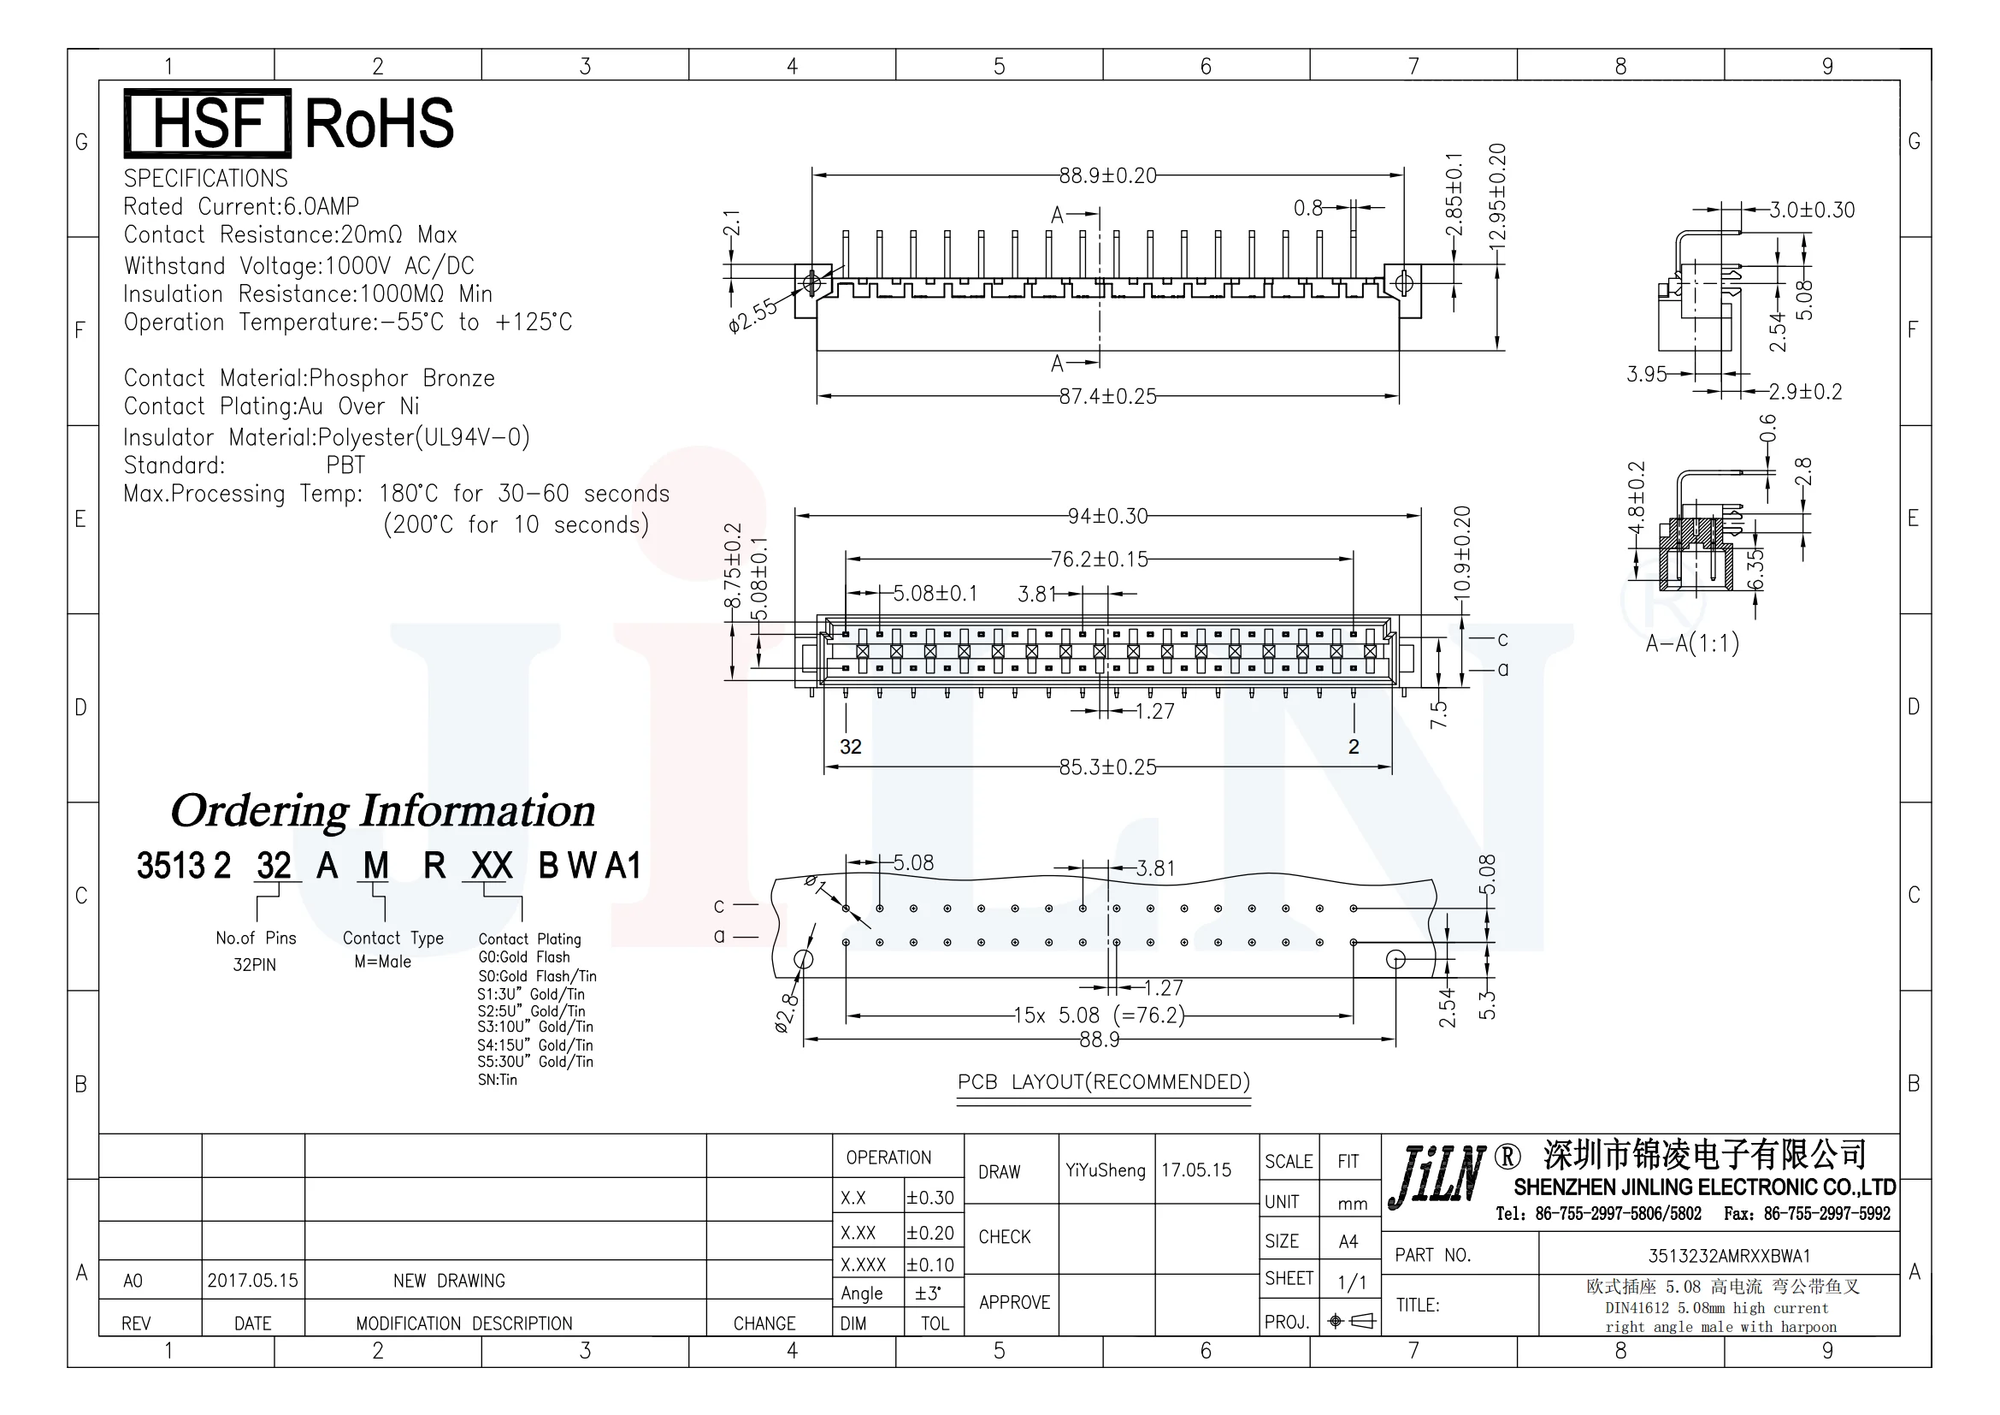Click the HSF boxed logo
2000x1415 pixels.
click(207, 123)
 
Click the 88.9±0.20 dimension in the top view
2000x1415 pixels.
click(1107, 176)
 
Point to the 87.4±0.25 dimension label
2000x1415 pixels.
click(1107, 396)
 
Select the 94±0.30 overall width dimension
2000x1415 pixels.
click(1107, 516)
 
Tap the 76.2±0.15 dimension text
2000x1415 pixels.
click(1099, 559)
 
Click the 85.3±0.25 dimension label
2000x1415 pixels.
click(1107, 767)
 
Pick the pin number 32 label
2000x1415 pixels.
click(850, 747)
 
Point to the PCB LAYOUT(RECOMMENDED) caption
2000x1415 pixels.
click(1104, 1082)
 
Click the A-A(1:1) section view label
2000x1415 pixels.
click(1691, 644)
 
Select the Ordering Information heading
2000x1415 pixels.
click(382, 811)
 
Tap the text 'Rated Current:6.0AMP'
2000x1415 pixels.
click(241, 206)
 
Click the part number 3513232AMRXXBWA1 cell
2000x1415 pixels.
click(1728, 1256)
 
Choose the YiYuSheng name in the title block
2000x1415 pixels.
click(1105, 1170)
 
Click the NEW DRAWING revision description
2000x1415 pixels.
click(449, 1281)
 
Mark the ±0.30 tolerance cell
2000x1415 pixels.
click(930, 1198)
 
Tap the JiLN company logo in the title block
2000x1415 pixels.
click(1437, 1178)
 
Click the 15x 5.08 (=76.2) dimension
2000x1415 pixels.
click(1099, 1016)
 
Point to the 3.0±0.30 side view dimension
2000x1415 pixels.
click(1811, 210)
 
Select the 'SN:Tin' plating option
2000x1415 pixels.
click(498, 1080)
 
